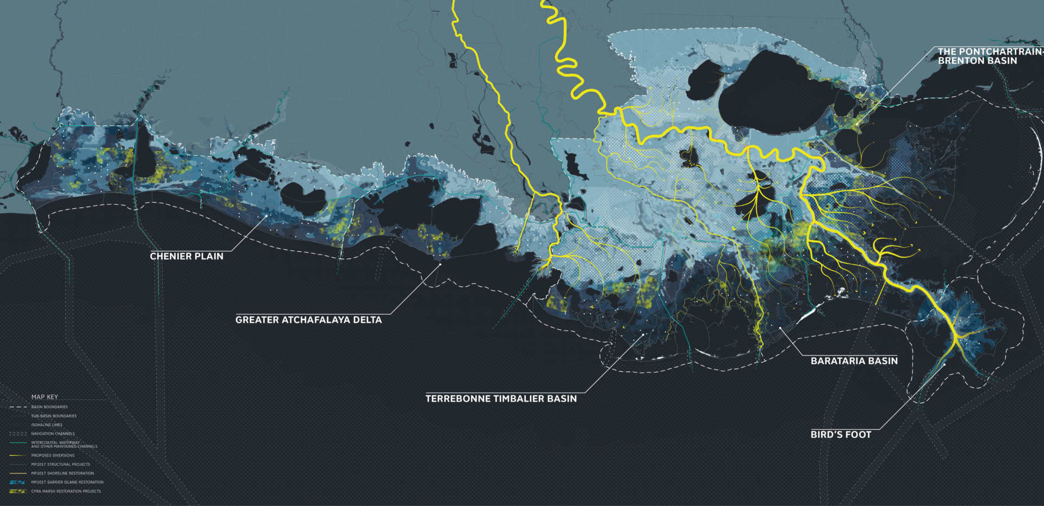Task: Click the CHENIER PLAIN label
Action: (187, 256)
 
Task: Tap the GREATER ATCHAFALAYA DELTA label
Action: (308, 320)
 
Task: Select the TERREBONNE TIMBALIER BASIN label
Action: (501, 398)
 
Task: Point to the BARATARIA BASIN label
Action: (854, 361)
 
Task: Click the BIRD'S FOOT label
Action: (841, 434)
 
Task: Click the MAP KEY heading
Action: (45, 397)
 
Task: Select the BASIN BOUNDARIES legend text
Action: (49, 407)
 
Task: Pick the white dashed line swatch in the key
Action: (17, 407)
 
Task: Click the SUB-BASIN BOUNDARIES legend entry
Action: (54, 416)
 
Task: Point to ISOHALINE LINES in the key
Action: (47, 424)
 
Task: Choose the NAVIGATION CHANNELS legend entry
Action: (53, 434)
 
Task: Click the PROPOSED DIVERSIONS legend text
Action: (53, 455)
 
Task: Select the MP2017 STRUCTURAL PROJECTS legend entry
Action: (60, 464)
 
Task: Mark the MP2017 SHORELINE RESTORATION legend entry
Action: (63, 473)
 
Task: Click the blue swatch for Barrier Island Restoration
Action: (17, 482)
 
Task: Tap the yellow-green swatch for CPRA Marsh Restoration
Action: (17, 491)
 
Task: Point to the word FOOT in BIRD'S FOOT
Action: (857, 434)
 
